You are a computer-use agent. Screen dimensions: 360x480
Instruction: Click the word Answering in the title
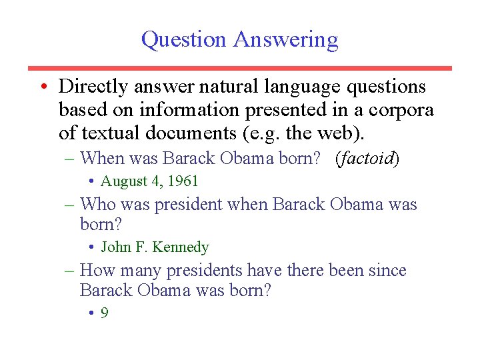tap(285, 40)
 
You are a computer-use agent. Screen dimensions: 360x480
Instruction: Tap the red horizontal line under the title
tap(240, 68)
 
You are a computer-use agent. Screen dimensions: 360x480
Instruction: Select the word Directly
tap(93, 87)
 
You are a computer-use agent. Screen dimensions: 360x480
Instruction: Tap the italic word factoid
tap(368, 159)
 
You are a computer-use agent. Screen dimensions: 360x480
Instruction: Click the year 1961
tap(183, 181)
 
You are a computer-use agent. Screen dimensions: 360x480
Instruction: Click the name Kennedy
tap(181, 247)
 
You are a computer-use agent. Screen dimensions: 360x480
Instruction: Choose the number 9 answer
tap(105, 313)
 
